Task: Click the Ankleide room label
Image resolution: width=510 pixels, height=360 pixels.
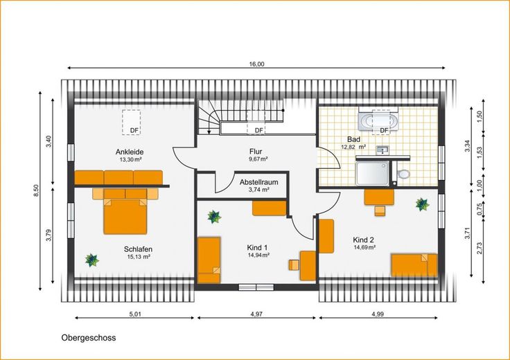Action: pyautogui.click(x=130, y=152)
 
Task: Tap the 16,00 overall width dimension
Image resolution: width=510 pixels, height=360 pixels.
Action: pyautogui.click(x=256, y=64)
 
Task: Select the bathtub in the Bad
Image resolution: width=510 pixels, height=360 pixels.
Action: pyautogui.click(x=378, y=122)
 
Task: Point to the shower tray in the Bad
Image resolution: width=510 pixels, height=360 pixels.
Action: pyautogui.click(x=372, y=174)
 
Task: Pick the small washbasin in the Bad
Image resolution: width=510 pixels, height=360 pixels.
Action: pyautogui.click(x=382, y=150)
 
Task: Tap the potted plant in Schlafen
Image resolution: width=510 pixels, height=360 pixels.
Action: pyautogui.click(x=91, y=260)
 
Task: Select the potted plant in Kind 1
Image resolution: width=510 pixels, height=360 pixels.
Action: pyautogui.click(x=214, y=217)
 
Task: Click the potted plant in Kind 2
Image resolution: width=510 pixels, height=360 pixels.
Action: pyautogui.click(x=422, y=204)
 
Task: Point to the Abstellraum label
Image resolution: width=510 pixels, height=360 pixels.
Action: pyautogui.click(x=259, y=182)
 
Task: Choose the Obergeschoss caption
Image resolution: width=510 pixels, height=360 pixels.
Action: pyautogui.click(x=89, y=338)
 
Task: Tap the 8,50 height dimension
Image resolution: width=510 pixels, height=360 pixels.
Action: pyautogui.click(x=36, y=190)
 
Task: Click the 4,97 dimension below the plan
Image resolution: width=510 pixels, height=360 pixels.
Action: pyautogui.click(x=256, y=314)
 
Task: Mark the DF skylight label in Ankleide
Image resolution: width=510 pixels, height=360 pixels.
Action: pyautogui.click(x=134, y=131)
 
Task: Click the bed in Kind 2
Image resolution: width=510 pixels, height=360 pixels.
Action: pyautogui.click(x=414, y=265)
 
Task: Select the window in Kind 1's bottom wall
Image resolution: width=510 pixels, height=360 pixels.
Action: pyautogui.click(x=256, y=287)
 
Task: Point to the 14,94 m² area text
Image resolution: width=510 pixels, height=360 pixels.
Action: pyautogui.click(x=258, y=255)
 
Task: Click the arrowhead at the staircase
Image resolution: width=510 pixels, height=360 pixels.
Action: pyautogui.click(x=209, y=132)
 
